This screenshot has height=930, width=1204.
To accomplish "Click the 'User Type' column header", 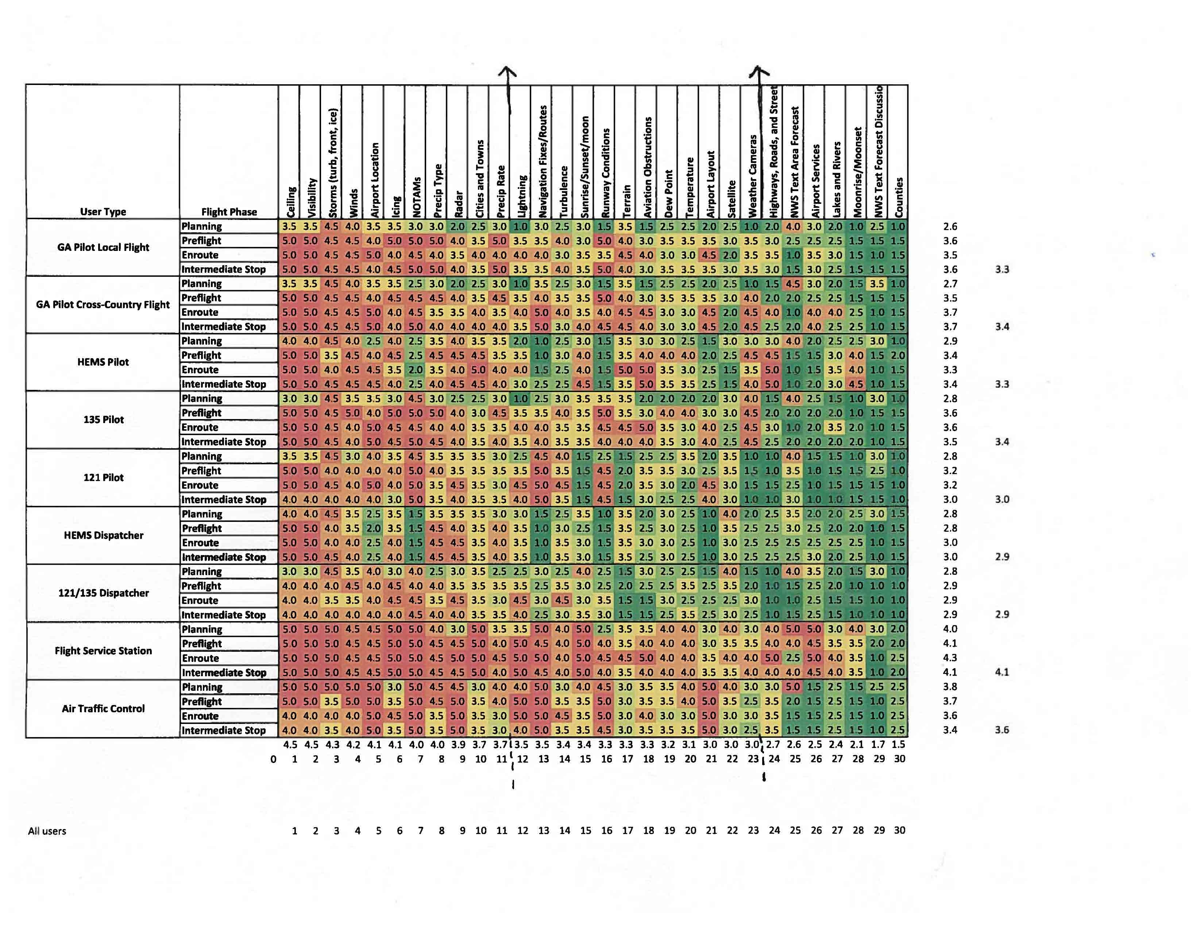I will click(103, 212).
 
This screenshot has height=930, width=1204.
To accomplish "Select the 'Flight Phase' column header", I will click(229, 212).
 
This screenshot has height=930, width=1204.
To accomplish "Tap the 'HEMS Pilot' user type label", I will click(103, 362).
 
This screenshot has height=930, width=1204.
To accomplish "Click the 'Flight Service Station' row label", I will click(103, 651).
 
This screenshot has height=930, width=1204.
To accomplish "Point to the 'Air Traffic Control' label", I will click(103, 709).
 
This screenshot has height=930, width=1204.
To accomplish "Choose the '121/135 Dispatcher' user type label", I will click(103, 593).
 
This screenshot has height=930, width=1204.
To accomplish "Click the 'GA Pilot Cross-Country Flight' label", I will click(103, 305).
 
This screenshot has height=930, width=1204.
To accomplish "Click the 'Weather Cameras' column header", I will click(752, 176).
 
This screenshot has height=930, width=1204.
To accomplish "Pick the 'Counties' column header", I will click(899, 197).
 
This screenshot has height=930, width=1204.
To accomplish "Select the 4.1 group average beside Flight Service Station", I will click(1002, 672).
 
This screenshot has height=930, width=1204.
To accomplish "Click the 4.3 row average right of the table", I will click(950, 658).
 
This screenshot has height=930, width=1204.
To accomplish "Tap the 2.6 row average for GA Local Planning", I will click(950, 226).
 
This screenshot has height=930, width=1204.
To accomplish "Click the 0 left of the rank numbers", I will click(273, 759).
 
